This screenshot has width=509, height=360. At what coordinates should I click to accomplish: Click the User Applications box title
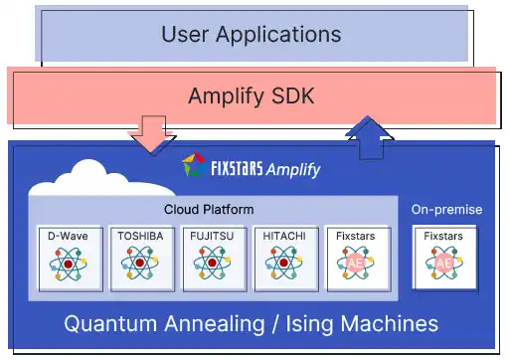pos(251,35)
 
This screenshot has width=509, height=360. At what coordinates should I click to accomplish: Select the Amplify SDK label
pos(251,96)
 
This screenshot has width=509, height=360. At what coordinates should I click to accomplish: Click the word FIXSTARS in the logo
pos(238,168)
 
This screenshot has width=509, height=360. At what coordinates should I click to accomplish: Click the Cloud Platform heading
pos(208,210)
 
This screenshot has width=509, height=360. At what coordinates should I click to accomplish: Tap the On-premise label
pos(446,210)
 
